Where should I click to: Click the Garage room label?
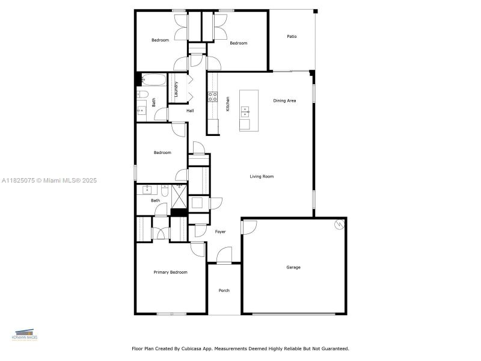coord(293,267)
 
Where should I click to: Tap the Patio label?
coord(292,37)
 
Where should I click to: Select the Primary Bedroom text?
coord(170,273)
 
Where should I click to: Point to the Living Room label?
coord(262,176)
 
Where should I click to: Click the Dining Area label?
coord(284,100)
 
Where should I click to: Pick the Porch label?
coord(224,291)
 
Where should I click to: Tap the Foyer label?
coord(220,232)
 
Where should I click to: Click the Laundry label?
coord(176,89)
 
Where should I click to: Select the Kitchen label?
coord(228,103)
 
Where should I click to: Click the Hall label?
coord(190,111)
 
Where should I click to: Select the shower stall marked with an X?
coord(179,195)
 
